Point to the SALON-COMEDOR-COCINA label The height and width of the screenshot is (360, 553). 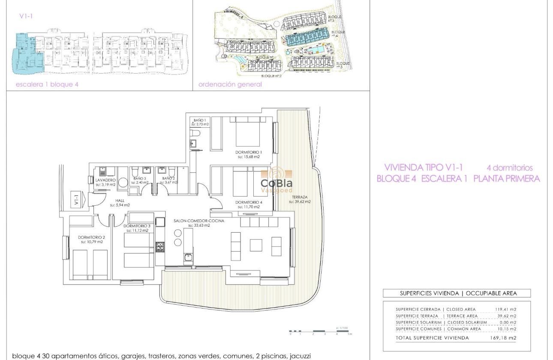[192, 221]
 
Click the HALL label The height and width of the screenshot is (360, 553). [120, 200]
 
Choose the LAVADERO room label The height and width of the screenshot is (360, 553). [106, 180]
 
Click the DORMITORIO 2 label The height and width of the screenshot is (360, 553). [92, 237]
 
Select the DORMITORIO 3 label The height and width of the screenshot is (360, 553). [137, 226]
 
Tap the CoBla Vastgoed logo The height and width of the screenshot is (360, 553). [276, 180]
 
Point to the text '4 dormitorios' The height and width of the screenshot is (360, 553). [509, 168]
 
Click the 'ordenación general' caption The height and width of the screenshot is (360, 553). [230, 84]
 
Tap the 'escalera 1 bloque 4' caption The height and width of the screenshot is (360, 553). [47, 84]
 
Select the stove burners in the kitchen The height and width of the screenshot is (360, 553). [159, 246]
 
